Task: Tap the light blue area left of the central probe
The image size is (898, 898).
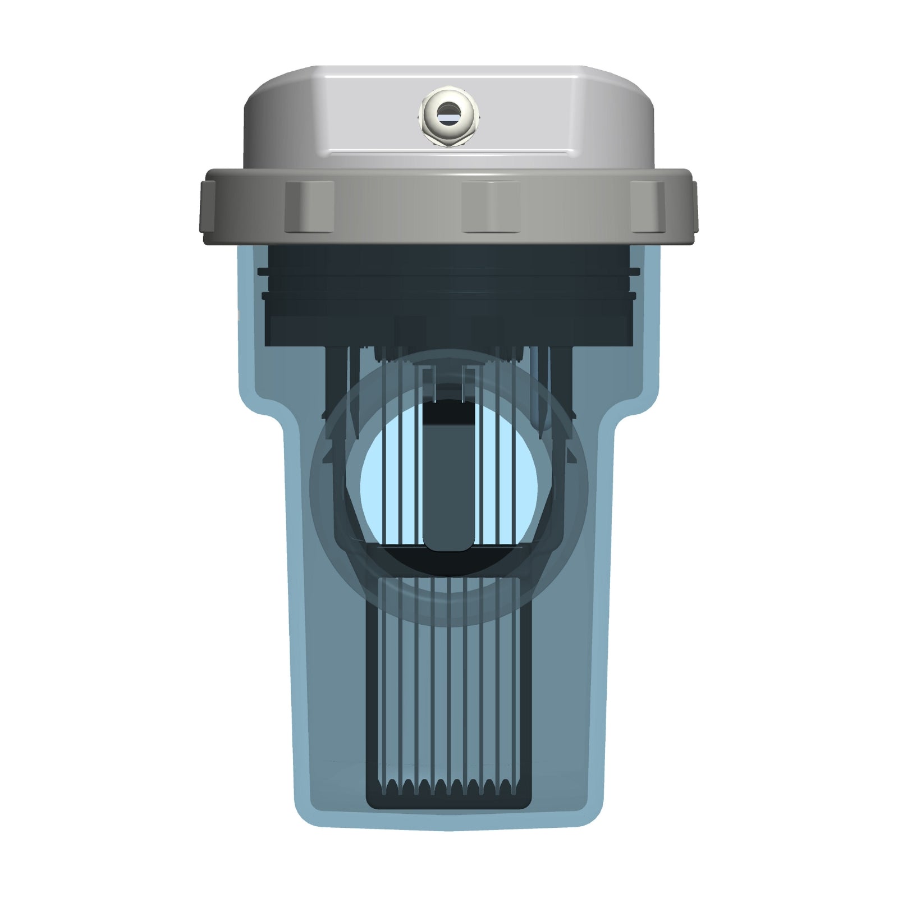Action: [x=393, y=488]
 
